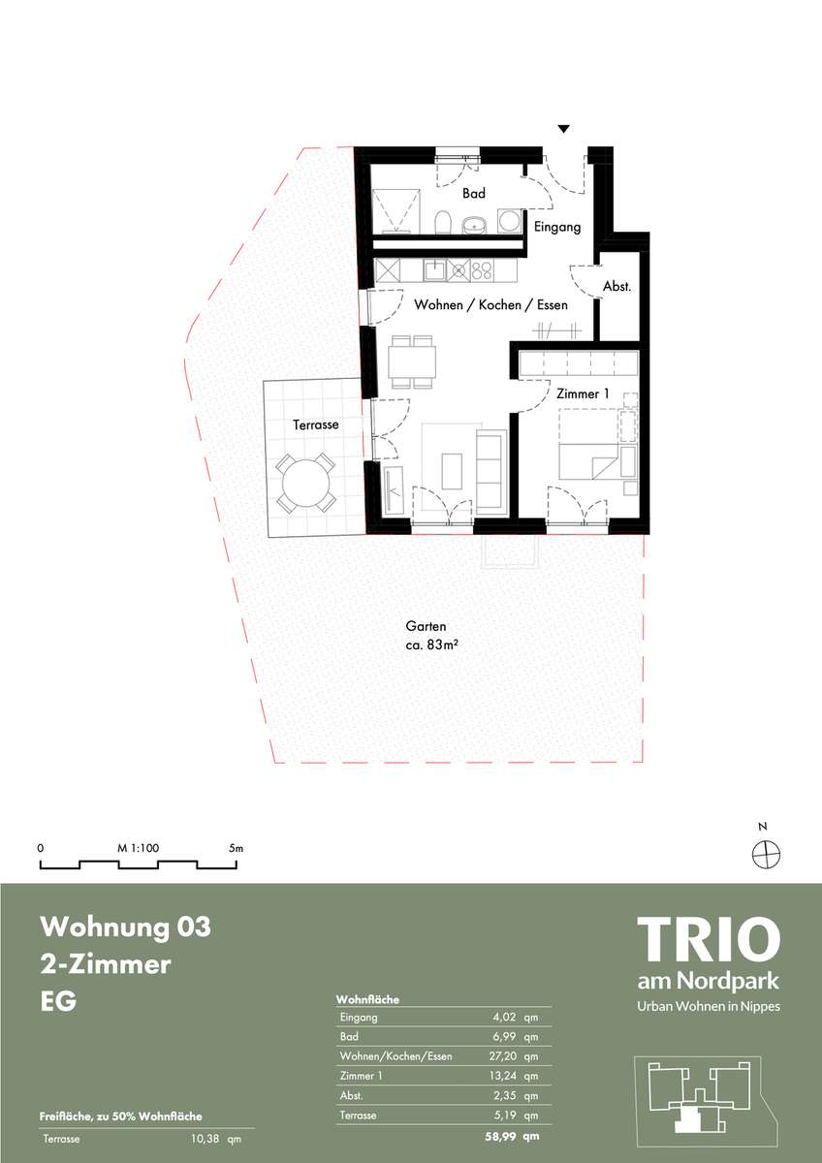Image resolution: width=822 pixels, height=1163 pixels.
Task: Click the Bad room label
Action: pyautogui.click(x=474, y=194)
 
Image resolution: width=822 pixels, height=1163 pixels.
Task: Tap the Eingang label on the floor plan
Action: pyautogui.click(x=557, y=227)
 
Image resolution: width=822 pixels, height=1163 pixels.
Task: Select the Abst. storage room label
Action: pyautogui.click(x=616, y=286)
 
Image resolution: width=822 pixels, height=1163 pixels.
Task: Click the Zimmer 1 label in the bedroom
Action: pyautogui.click(x=583, y=393)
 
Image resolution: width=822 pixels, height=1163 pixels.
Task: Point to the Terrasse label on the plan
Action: pyautogui.click(x=316, y=424)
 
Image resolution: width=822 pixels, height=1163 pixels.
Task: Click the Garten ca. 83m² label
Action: pyautogui.click(x=431, y=636)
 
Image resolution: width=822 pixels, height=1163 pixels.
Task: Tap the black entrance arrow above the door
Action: pyautogui.click(x=564, y=129)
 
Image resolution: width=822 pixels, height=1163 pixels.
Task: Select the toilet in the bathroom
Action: pyautogui.click(x=443, y=222)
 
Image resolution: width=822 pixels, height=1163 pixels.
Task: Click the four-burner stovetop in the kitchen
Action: pyautogui.click(x=483, y=270)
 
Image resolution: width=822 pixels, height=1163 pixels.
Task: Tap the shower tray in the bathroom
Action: pyautogui.click(x=395, y=211)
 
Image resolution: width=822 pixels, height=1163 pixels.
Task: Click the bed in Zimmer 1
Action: pyautogui.click(x=588, y=444)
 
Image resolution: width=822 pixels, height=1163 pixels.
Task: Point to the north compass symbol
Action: pyautogui.click(x=767, y=854)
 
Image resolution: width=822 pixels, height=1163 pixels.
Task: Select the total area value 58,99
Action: pyautogui.click(x=499, y=1136)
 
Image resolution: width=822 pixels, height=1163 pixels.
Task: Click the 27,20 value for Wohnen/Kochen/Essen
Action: pyautogui.click(x=503, y=1056)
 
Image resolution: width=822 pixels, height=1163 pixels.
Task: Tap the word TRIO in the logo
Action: pyautogui.click(x=709, y=939)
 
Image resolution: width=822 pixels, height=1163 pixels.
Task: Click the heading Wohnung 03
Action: pyautogui.click(x=126, y=927)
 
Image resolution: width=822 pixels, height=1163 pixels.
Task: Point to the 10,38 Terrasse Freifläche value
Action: pyautogui.click(x=205, y=1139)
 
